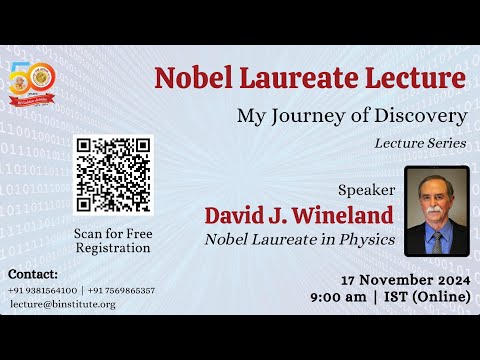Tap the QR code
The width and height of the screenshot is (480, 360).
112,173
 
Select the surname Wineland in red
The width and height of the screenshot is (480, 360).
347,216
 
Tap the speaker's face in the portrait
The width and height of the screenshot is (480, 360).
435,196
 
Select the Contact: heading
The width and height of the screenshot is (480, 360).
33,273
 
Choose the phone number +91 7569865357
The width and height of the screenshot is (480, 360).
121,290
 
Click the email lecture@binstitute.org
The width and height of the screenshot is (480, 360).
62,304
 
